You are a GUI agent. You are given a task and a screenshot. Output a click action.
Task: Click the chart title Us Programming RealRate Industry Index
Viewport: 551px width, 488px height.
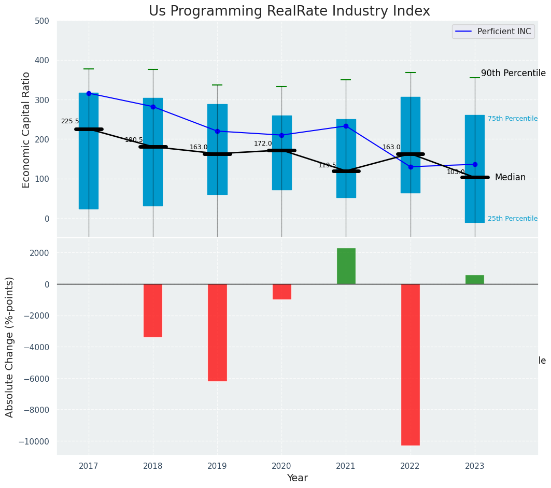[289, 11]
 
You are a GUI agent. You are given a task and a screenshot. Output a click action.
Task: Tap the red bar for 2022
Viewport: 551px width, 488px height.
[410, 364]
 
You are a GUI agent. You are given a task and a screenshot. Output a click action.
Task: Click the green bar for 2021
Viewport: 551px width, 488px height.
[346, 266]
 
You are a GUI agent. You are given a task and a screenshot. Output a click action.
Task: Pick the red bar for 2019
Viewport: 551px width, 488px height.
[217, 332]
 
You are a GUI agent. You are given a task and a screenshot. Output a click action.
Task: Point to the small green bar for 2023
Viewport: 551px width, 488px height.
[474, 280]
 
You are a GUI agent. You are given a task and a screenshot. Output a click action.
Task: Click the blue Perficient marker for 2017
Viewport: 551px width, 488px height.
[89, 93]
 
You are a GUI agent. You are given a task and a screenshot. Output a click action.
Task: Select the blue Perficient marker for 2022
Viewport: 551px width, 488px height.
[411, 167]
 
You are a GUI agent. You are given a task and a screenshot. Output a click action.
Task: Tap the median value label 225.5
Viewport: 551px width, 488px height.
[70, 121]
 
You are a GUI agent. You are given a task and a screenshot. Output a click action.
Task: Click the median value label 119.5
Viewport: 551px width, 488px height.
[327, 165]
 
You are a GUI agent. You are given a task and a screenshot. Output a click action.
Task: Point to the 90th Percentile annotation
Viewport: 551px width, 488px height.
[513, 73]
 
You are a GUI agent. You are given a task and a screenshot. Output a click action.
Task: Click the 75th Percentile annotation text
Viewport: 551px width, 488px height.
[512, 119]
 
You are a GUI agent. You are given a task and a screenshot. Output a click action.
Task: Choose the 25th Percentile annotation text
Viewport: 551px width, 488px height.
[512, 219]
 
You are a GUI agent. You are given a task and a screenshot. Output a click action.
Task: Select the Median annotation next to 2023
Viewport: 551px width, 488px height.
[510, 178]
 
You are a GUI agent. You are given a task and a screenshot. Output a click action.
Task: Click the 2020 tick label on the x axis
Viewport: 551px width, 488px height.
[281, 466]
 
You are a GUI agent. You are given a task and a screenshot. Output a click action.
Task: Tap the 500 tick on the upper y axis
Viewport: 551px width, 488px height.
[42, 21]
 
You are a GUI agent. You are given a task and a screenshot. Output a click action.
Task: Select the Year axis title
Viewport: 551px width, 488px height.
[298, 478]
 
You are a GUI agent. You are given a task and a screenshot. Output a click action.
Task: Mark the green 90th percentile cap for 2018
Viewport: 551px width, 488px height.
[153, 69]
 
